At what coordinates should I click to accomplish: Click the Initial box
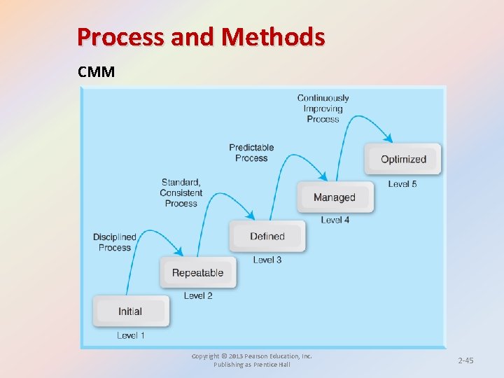pos(130,311)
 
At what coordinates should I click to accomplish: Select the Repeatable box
pos(198,273)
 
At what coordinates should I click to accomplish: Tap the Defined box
pos(267,237)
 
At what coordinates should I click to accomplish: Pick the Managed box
pos(335,197)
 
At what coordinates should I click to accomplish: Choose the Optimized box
pos(403,160)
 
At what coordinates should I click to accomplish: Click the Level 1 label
pos(131,335)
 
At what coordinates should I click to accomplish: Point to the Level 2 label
pos(198,296)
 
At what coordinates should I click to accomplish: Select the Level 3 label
pos(267,260)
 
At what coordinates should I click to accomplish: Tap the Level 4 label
pos(335,220)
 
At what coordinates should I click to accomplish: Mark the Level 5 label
pos(402,184)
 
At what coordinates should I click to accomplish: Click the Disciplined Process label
pos(115,242)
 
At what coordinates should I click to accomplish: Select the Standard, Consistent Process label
pos(181,192)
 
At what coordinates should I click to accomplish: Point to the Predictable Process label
pos(251,153)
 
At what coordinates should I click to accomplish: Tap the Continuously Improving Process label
pos(323,108)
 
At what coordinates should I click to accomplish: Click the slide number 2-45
pos(465,360)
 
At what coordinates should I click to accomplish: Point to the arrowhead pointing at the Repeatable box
pos(180,253)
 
